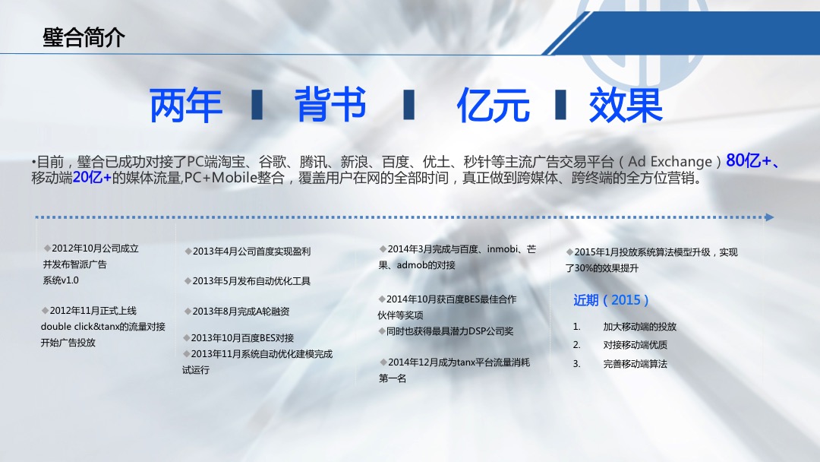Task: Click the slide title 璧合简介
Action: click(x=84, y=38)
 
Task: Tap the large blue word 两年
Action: click(x=186, y=106)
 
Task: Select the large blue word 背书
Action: click(x=330, y=104)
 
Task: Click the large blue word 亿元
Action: click(x=494, y=105)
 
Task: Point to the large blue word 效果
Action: click(x=626, y=105)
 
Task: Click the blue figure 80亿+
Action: click(x=749, y=160)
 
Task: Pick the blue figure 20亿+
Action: click(x=92, y=177)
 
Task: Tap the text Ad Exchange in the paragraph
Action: click(x=670, y=161)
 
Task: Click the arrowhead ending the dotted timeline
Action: click(x=769, y=217)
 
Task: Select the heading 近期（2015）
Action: click(x=610, y=300)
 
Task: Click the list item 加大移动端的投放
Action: click(x=639, y=327)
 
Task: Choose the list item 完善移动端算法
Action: click(x=635, y=364)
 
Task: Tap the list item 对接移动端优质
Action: click(x=635, y=345)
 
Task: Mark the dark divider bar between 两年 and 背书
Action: click(x=257, y=105)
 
